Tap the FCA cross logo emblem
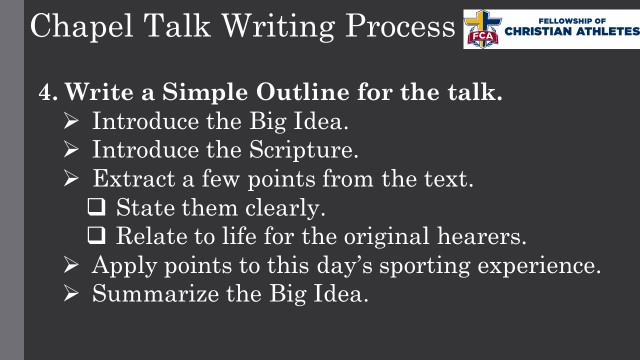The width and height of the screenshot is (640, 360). click(x=485, y=27)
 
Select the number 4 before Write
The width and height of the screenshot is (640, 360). click(x=45, y=94)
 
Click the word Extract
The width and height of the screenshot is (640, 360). click(x=131, y=181)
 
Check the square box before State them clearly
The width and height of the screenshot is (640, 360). click(x=97, y=210)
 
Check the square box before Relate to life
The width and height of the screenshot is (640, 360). click(x=97, y=239)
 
